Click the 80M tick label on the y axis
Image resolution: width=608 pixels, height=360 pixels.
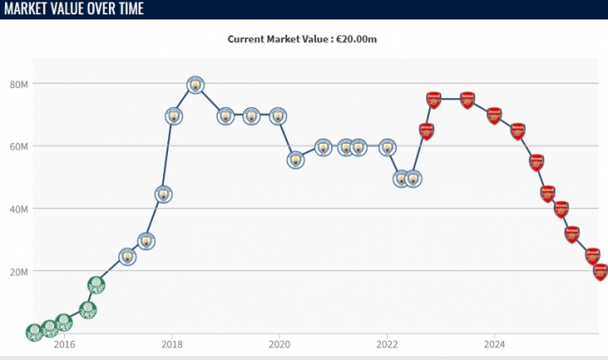(x=19, y=85)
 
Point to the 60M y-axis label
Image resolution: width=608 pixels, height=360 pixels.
(x=19, y=147)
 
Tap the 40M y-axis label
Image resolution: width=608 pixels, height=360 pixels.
(x=19, y=210)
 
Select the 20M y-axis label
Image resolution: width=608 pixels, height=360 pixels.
(x=19, y=272)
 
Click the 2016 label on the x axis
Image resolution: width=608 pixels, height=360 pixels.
(x=64, y=344)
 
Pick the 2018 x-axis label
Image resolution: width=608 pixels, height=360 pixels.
(x=171, y=344)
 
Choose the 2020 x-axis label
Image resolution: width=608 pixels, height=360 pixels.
(x=280, y=344)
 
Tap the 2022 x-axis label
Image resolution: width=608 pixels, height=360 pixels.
(x=387, y=344)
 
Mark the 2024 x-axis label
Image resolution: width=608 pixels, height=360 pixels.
(x=495, y=344)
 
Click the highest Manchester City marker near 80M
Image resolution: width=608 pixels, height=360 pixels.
(x=195, y=85)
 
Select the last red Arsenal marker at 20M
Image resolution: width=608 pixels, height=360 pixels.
(x=600, y=271)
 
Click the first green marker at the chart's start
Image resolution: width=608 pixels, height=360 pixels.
(x=34, y=331)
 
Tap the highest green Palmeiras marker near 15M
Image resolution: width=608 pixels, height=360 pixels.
(x=96, y=285)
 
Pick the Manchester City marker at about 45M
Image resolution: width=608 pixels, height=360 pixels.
(x=164, y=194)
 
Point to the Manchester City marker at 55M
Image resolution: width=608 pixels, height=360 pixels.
(x=296, y=160)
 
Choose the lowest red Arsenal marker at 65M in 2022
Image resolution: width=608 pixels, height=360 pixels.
(x=426, y=131)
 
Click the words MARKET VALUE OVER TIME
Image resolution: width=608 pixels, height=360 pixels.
(x=74, y=9)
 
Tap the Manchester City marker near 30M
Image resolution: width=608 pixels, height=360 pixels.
(x=146, y=242)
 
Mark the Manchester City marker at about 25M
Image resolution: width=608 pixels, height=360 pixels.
(x=127, y=257)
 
